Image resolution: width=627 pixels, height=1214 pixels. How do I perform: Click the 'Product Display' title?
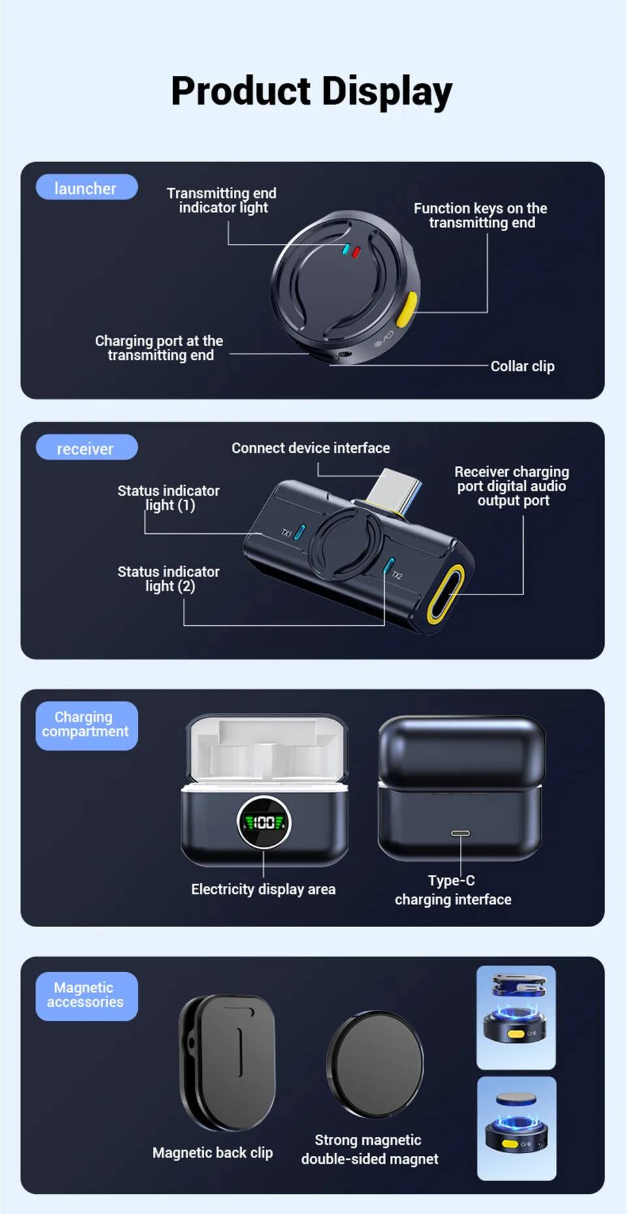(x=312, y=91)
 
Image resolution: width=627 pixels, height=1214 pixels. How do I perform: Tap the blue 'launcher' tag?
(x=86, y=188)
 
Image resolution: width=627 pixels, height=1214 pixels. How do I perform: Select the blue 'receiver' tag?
(x=86, y=448)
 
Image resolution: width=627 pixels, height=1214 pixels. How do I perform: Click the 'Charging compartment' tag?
(x=86, y=725)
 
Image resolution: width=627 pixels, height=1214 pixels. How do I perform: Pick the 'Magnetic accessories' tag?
(x=86, y=996)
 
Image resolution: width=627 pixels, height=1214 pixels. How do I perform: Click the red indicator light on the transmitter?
(x=356, y=252)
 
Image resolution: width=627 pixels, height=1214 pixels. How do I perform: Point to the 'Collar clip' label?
(x=522, y=367)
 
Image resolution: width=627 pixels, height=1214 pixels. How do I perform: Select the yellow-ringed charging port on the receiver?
(x=445, y=594)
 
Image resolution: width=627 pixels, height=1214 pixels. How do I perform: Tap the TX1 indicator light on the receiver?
(x=300, y=532)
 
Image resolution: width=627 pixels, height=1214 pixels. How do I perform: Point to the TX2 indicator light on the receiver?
(x=388, y=565)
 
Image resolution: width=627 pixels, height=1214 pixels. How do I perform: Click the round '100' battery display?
(x=264, y=822)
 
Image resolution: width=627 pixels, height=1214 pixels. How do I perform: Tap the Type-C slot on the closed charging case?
(x=460, y=833)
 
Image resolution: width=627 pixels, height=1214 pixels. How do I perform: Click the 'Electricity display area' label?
(x=263, y=889)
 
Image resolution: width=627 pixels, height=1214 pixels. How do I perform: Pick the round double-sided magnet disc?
(x=375, y=1064)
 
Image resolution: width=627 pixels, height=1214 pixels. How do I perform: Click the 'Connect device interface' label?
(x=311, y=448)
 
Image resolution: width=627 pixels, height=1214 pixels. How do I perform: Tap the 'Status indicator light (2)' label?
(x=169, y=579)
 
